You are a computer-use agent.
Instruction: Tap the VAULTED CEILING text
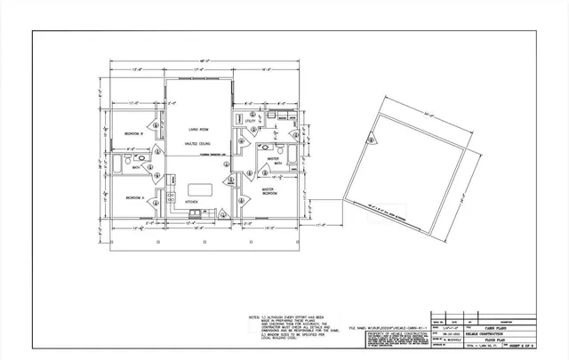(x=197, y=142)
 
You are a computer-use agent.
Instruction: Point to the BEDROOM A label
(x=133, y=196)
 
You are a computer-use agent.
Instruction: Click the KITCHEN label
(x=190, y=203)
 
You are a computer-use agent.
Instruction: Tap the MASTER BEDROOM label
(x=269, y=190)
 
